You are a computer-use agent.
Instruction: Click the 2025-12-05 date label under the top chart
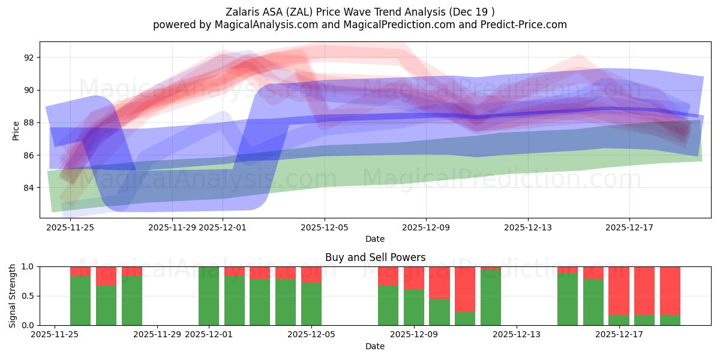pos(325,227)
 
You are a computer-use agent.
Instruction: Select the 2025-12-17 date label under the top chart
pos(629,227)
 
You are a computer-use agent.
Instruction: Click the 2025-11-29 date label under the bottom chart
pos(157,335)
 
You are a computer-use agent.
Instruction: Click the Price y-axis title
pos(16,131)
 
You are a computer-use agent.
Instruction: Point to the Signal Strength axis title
pos(13,295)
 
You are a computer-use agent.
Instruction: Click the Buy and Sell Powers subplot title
pos(375,257)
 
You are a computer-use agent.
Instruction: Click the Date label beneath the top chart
pos(375,239)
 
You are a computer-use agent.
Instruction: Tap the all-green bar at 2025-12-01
pos(209,296)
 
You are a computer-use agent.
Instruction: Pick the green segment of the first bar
pos(80,301)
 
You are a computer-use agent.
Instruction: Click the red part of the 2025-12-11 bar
pos(465,289)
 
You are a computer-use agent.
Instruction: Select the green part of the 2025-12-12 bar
pos(491,298)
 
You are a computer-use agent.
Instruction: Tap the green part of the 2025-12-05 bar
pos(311,304)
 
